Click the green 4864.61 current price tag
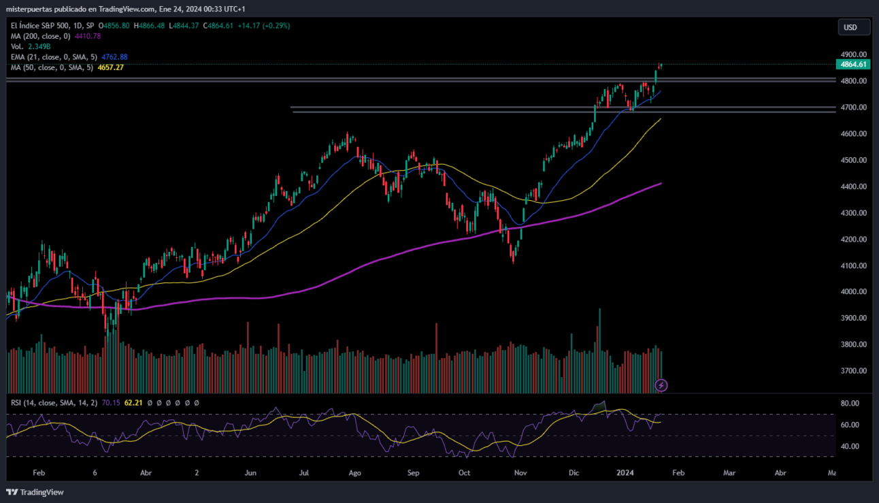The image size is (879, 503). [853, 65]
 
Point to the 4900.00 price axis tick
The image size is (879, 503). [854, 54]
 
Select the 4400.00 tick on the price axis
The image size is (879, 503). [854, 186]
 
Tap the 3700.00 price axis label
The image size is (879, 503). [854, 371]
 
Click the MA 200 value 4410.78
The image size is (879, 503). [88, 36]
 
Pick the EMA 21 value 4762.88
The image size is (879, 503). [114, 57]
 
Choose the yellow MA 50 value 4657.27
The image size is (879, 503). [111, 67]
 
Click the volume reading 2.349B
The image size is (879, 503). [39, 47]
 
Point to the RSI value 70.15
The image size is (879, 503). [111, 403]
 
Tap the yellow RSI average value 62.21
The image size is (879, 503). [133, 403]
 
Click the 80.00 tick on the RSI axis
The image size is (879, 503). [850, 403]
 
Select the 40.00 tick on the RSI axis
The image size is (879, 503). [850, 447]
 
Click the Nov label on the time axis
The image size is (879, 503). [520, 473]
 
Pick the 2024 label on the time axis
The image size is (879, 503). [625, 473]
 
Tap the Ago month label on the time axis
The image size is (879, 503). [354, 473]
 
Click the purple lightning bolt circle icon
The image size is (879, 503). [661, 386]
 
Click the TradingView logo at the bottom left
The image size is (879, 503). [35, 492]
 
